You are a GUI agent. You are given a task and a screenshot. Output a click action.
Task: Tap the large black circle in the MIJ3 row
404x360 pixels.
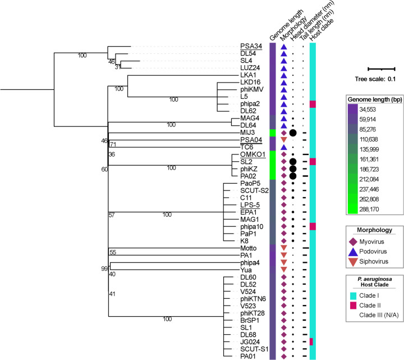pyautogui.click(x=292, y=133)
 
